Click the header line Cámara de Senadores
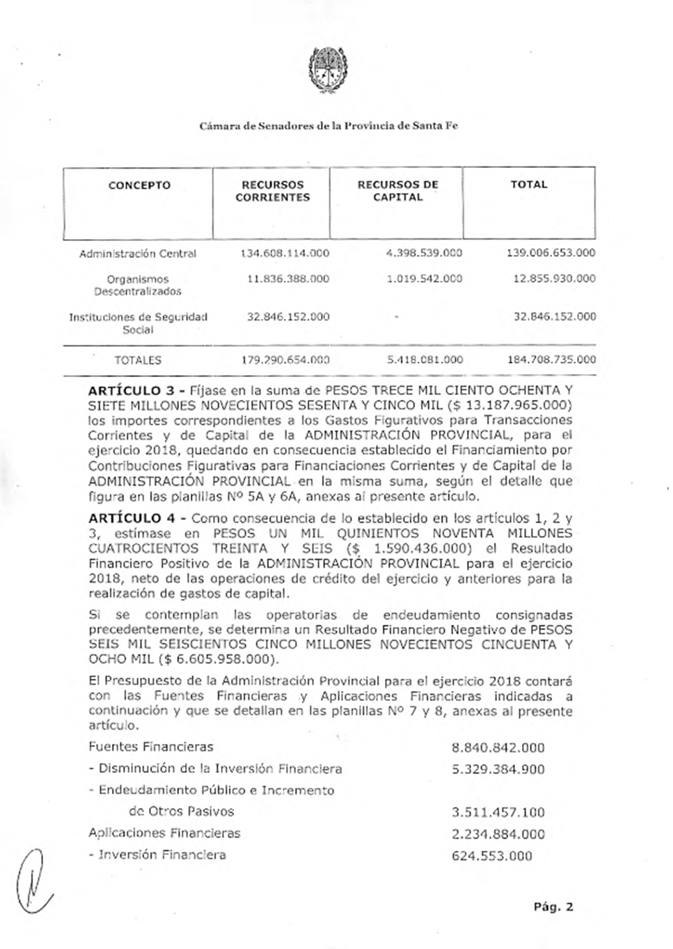[328, 126]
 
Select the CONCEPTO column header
[139, 185]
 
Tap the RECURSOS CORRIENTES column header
[273, 191]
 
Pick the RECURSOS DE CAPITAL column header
[397, 191]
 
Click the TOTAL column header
[529, 185]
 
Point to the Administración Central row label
[138, 254]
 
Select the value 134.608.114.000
[284, 254]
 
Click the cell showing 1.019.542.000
[424, 279]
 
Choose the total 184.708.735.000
[551, 360]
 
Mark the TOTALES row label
[138, 361]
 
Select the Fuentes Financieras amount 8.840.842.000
[498, 748]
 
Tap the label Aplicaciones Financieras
[164, 833]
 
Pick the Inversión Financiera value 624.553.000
[491, 856]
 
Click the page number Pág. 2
[553, 906]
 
